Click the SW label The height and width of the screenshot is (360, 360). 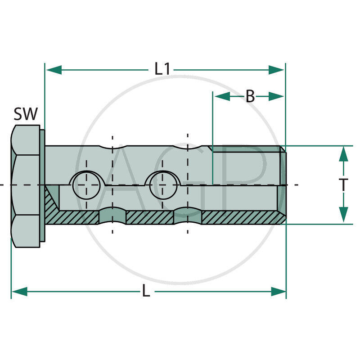(26, 114)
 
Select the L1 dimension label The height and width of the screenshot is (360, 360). (162, 69)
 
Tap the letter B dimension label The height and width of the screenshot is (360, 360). (250, 96)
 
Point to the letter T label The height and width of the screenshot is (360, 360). (343, 184)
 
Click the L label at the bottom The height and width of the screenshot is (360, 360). (146, 292)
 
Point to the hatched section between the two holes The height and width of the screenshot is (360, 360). (149, 218)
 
